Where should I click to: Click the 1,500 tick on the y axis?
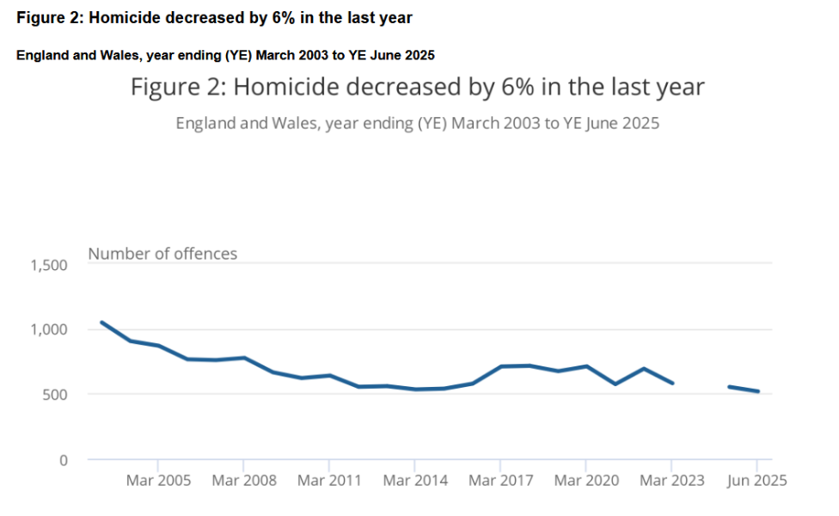point(49,265)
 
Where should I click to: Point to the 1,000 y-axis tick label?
point(49,329)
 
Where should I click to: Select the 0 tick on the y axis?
point(62,460)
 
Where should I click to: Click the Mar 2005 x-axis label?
point(158,480)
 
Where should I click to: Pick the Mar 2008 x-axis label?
point(244,480)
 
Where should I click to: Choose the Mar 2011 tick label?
point(329,480)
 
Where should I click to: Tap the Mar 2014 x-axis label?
point(415,480)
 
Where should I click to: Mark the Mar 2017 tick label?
point(500,480)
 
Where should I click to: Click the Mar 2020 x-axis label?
point(586,480)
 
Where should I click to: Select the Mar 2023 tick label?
point(671,480)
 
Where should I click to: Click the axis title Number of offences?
point(162,254)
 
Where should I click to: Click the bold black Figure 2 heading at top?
point(214,18)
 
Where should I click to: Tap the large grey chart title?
point(418,87)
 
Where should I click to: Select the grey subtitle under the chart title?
point(418,123)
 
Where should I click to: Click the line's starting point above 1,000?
point(101,322)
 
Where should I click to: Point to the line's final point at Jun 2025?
point(757,391)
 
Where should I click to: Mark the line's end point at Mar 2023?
point(671,384)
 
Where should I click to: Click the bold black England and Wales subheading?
point(225,55)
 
